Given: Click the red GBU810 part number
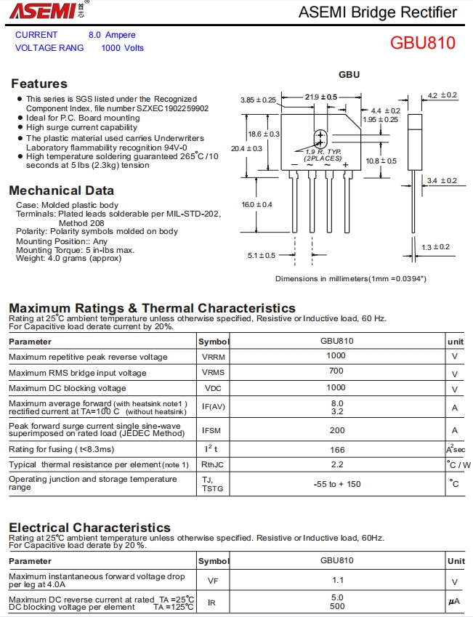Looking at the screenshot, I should point(422,42).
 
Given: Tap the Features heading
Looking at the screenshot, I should point(39,84).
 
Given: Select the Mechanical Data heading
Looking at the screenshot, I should point(62,190).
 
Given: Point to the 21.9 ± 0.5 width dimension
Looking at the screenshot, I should point(321,97).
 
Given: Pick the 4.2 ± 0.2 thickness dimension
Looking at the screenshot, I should point(442,95).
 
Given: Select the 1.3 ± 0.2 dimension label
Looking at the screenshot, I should point(436,247).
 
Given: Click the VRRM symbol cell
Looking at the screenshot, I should point(214,357).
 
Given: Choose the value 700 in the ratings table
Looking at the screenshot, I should point(336,371).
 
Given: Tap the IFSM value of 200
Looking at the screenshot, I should point(336,430).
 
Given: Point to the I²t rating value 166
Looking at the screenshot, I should point(336,449).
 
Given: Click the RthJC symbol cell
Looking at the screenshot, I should point(212,464).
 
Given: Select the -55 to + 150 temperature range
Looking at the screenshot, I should point(336,484).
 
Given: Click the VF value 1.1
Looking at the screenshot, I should point(337,581).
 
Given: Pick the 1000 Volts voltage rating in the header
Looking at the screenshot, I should point(123,48).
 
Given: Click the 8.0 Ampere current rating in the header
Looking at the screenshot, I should point(112,35).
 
